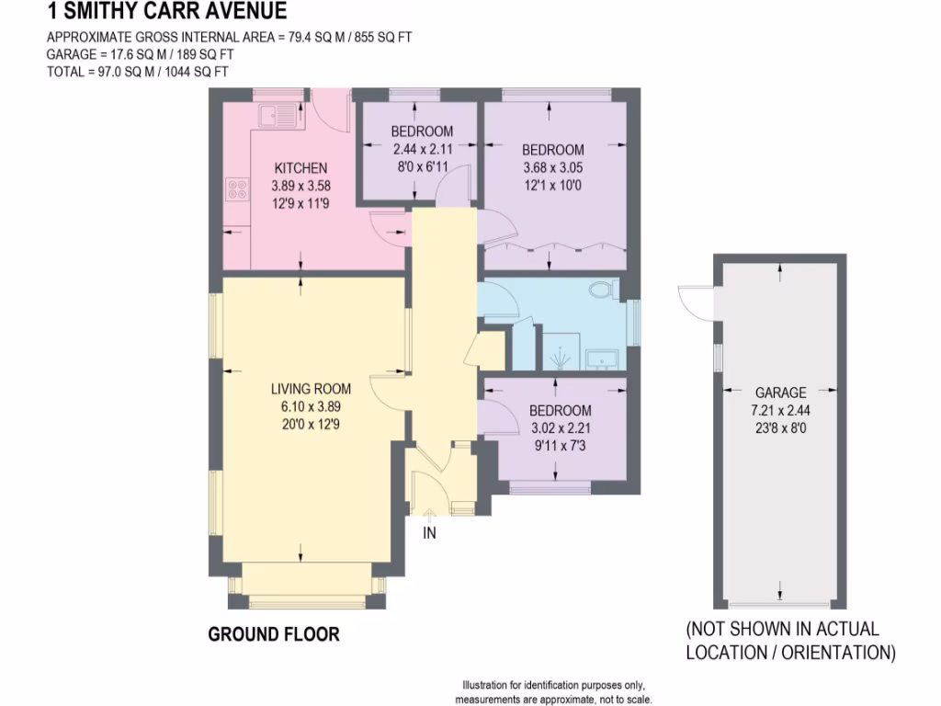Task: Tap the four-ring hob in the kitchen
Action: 237,189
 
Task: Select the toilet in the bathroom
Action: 603,290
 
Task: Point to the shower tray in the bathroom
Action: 560,351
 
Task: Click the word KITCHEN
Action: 300,168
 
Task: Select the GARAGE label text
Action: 780,392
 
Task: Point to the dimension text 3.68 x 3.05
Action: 552,168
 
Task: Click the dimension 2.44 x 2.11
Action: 422,149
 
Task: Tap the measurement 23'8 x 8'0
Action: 780,427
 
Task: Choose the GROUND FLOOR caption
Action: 274,634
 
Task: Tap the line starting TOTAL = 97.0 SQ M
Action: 137,71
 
